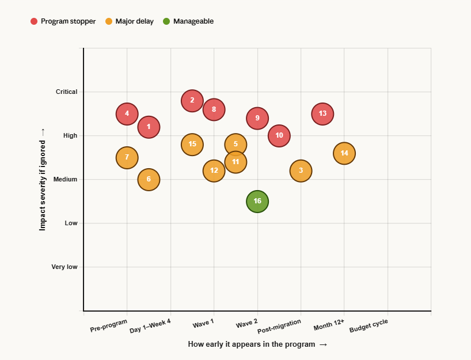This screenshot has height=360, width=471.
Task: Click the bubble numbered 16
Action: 257,202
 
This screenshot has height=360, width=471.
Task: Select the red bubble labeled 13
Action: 322,113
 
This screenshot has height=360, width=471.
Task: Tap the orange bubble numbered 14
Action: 344,153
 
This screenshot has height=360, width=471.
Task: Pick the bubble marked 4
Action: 127,113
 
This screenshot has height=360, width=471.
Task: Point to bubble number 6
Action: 149,180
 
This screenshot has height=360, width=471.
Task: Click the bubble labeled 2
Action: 192,100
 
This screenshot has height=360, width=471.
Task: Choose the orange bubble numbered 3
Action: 301,170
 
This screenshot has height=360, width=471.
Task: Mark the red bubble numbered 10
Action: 279,136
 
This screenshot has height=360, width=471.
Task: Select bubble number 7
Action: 127,157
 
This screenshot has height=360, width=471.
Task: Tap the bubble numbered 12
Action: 214,170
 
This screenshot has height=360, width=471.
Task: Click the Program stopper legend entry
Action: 63,21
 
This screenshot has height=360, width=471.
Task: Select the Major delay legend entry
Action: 130,21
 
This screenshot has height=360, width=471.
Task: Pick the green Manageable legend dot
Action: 166,21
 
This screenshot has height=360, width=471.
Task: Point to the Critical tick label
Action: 66,92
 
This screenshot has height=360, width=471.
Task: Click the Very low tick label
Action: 64,267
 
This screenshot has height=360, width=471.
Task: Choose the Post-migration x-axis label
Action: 279,327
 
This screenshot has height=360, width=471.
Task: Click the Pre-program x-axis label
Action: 108,326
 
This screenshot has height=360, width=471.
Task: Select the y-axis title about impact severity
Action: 42,180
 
